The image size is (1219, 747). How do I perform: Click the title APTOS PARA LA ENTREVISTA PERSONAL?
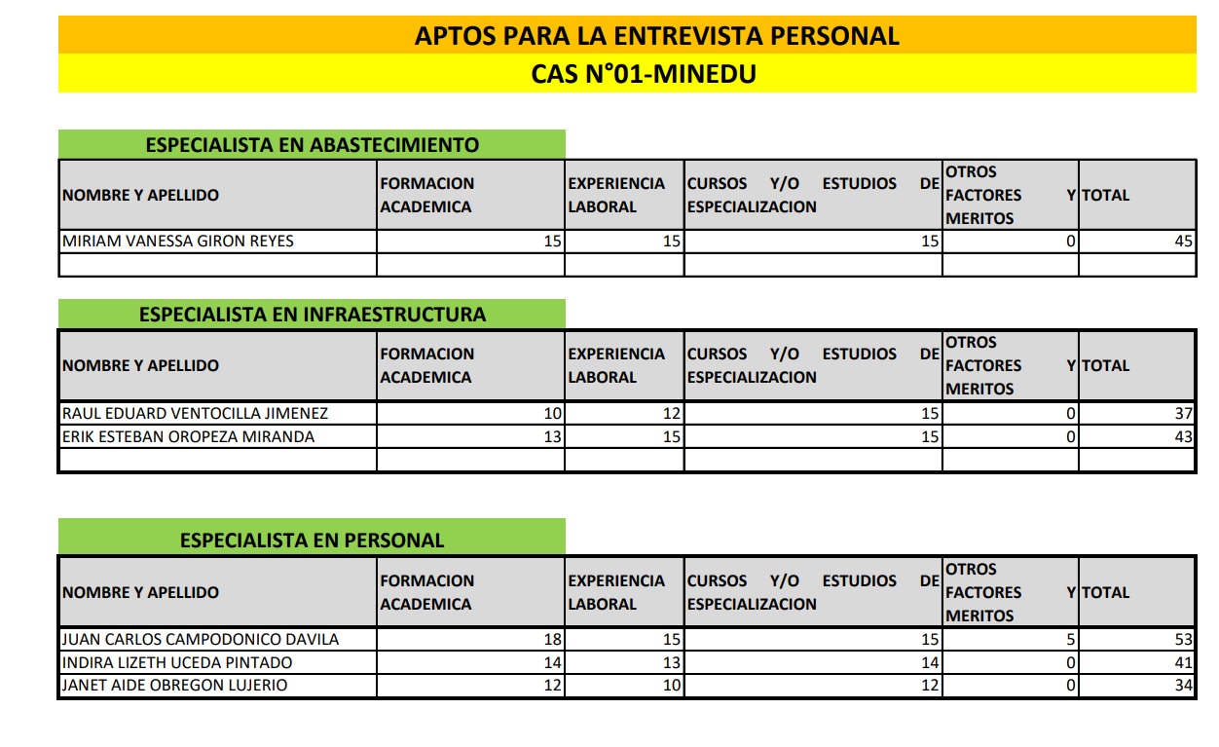656,36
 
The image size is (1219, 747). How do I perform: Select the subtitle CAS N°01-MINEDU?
644,74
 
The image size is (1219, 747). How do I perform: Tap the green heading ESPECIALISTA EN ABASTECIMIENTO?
312,145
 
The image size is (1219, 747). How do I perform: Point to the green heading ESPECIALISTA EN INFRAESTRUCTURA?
312,315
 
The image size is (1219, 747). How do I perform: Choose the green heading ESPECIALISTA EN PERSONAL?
312,541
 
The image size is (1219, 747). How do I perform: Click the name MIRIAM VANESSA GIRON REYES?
177,242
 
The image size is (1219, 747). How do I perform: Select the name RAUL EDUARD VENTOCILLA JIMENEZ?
195,413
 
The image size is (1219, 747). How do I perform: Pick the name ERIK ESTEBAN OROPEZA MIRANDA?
188,437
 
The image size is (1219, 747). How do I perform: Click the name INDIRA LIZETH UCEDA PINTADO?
176,663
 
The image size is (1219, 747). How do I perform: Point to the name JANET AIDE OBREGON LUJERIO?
174,686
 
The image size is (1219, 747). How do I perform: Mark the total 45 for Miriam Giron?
1184,242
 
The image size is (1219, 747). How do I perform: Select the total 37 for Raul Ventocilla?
1184,413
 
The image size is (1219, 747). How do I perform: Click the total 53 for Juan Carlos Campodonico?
1184,640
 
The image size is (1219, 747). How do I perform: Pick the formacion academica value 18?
553,640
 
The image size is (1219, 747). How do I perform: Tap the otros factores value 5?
1071,640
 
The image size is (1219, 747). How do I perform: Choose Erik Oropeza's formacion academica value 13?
553,437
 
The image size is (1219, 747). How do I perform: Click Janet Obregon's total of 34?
1184,686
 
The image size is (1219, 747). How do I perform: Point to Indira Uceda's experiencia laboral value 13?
672,663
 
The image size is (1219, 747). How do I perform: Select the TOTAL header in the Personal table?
1106,592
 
